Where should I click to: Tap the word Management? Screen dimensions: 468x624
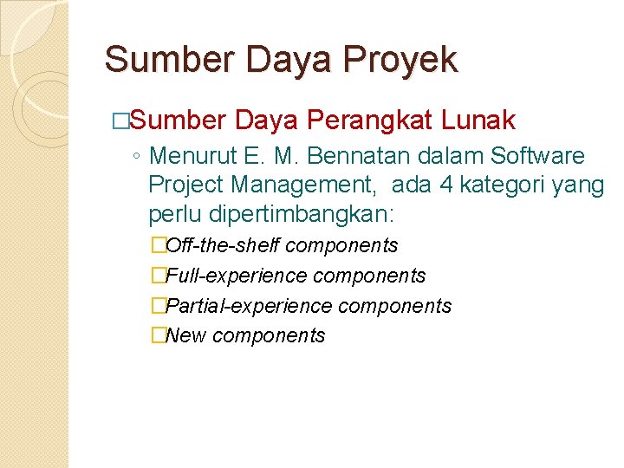pyautogui.click(x=304, y=185)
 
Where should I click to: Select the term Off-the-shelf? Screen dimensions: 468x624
pyautogui.click(x=222, y=245)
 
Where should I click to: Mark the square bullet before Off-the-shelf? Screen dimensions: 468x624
pyautogui.click(x=157, y=246)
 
